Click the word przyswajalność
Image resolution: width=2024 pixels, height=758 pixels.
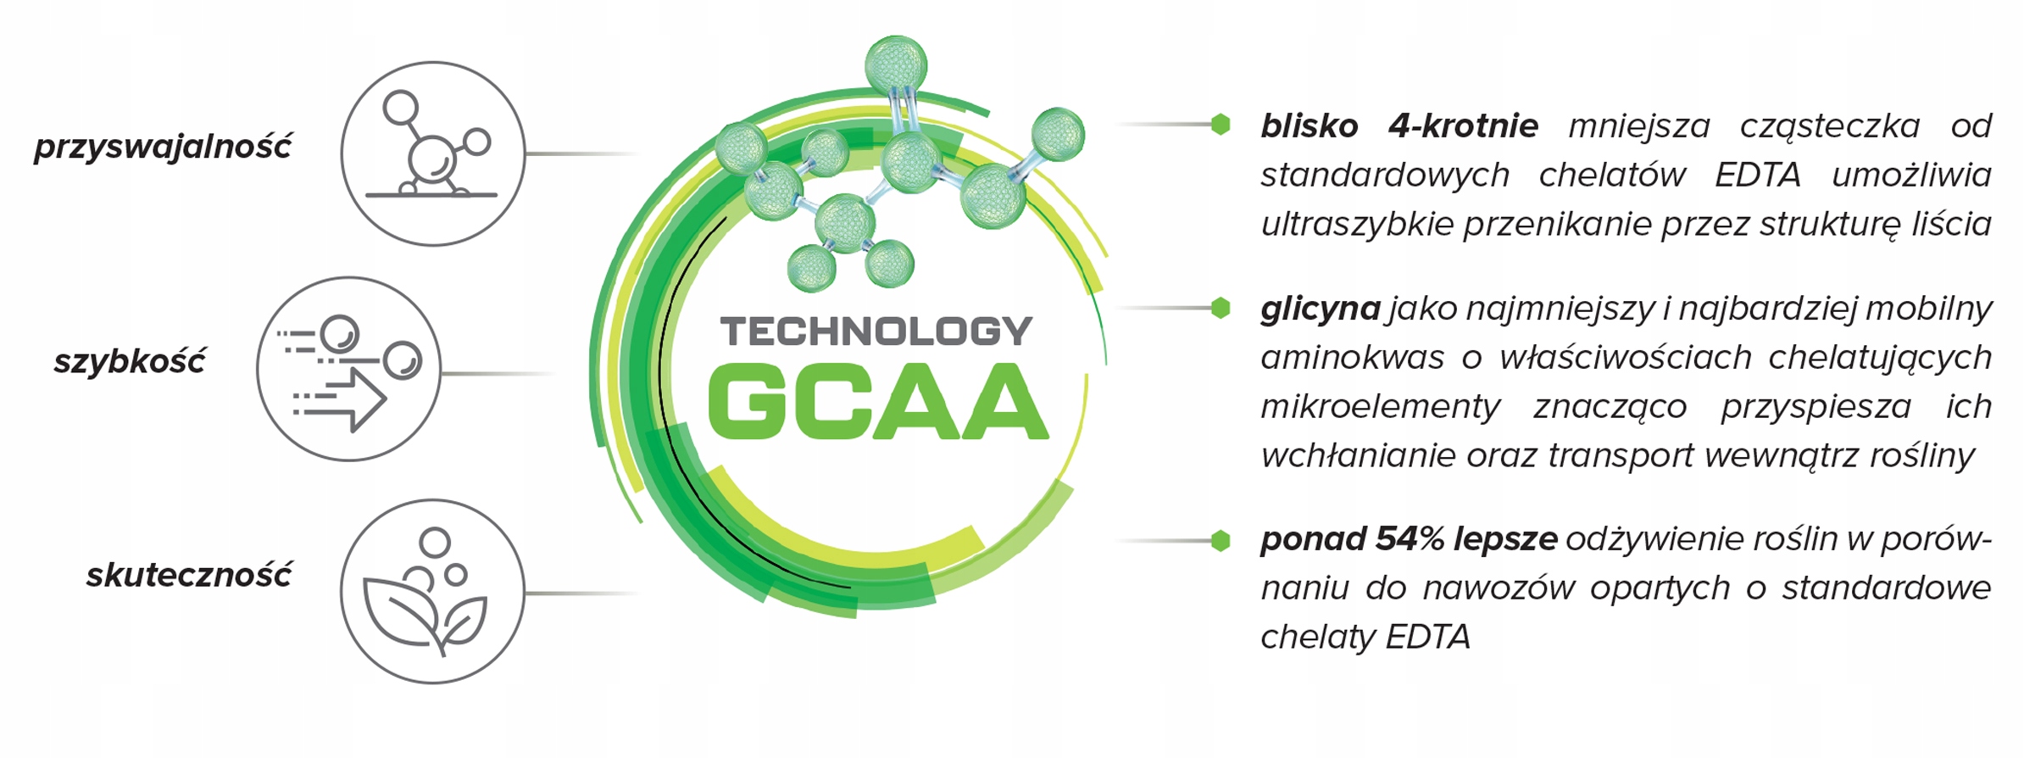163,146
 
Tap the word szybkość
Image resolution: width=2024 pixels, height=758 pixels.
129,361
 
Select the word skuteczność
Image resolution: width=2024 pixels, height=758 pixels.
189,575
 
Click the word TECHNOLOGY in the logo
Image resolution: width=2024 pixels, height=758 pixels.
876,332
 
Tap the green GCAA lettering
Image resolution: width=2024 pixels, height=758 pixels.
878,402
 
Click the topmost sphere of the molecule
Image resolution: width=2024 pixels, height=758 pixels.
896,64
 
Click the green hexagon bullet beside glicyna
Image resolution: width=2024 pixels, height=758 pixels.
1221,308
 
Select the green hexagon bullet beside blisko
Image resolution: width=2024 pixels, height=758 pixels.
1221,125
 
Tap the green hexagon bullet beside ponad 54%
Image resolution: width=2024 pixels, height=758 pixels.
1221,540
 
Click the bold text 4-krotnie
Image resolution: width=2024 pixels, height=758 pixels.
1463,126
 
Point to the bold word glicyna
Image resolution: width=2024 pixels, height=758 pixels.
1320,309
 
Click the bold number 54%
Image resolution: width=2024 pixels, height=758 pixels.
1410,538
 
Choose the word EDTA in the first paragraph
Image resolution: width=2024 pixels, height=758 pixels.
1758,176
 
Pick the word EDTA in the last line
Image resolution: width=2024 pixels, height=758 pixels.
1430,637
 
